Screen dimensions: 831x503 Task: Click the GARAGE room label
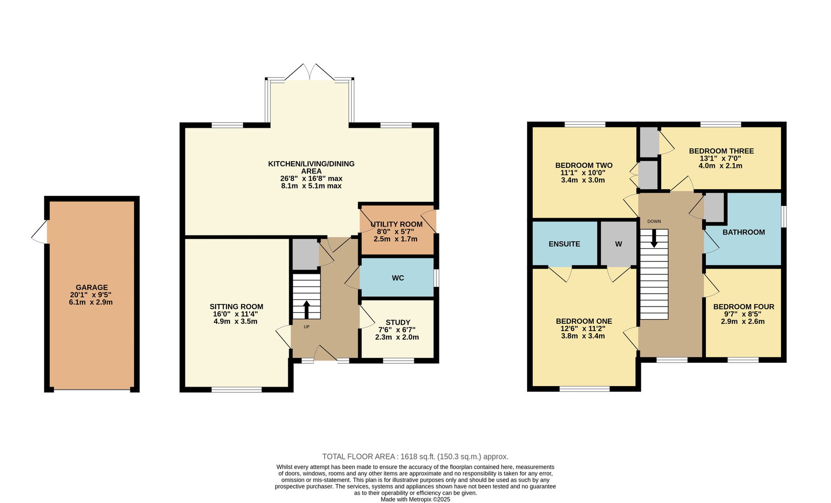point(91,287)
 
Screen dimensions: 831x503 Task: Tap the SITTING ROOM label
point(236,307)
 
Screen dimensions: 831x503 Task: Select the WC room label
point(398,278)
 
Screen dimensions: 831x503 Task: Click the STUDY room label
point(398,322)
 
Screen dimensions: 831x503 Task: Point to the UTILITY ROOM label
point(397,224)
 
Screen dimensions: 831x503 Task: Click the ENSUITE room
point(564,244)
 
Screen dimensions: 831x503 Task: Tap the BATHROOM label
point(743,232)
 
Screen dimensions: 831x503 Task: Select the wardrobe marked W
point(619,244)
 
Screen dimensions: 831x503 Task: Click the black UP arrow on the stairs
point(306,310)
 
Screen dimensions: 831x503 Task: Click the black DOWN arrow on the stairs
point(654,239)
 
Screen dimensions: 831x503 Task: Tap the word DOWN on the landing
point(654,221)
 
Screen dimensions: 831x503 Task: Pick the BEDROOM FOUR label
point(743,307)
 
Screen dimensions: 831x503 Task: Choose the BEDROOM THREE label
point(721,151)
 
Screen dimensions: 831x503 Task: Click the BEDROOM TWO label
point(584,165)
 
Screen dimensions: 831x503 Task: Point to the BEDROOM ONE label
point(584,321)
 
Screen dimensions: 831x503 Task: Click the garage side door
point(40,232)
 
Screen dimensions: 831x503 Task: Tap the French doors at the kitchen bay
point(310,72)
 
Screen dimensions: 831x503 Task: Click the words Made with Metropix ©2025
point(415,499)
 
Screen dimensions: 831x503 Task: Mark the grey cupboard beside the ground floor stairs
point(305,254)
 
